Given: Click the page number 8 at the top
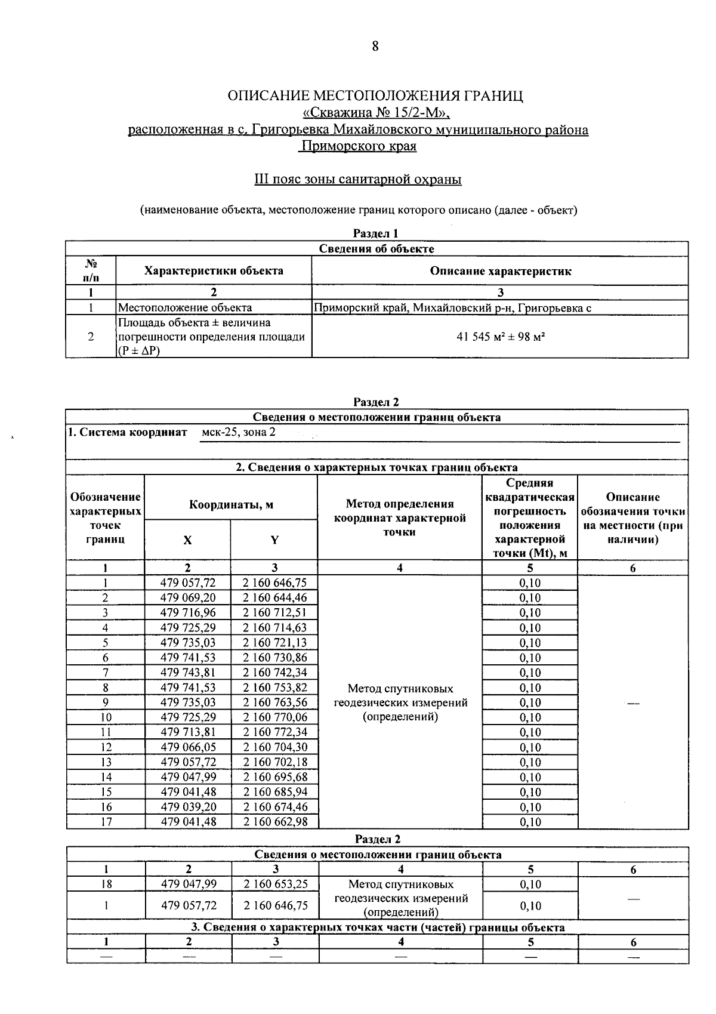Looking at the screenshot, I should click(375, 47).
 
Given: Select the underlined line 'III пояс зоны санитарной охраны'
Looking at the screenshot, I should click(358, 179).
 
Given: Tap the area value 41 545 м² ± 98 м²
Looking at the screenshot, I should click(500, 337).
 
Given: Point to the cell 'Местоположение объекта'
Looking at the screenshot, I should click(185, 308).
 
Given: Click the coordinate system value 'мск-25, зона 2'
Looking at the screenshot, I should click(239, 432).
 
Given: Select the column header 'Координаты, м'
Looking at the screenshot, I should click(231, 505).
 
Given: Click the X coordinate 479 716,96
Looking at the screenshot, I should click(188, 613).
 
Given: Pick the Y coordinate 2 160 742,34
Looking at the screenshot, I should click(274, 673).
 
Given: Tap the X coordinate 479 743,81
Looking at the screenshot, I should click(188, 673).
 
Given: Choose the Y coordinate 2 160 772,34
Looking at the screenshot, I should click(274, 732).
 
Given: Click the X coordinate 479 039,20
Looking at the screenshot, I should click(188, 807).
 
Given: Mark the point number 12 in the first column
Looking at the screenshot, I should click(106, 747).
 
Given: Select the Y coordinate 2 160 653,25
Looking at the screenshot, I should click(276, 884).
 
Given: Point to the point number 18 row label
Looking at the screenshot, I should click(107, 884).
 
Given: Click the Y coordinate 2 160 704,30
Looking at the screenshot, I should click(274, 747).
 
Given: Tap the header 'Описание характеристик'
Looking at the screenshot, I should click(500, 271).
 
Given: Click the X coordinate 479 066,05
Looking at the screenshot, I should click(188, 747).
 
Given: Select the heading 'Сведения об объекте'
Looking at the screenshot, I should click(376, 249).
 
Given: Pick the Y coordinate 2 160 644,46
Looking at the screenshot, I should click(274, 598).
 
